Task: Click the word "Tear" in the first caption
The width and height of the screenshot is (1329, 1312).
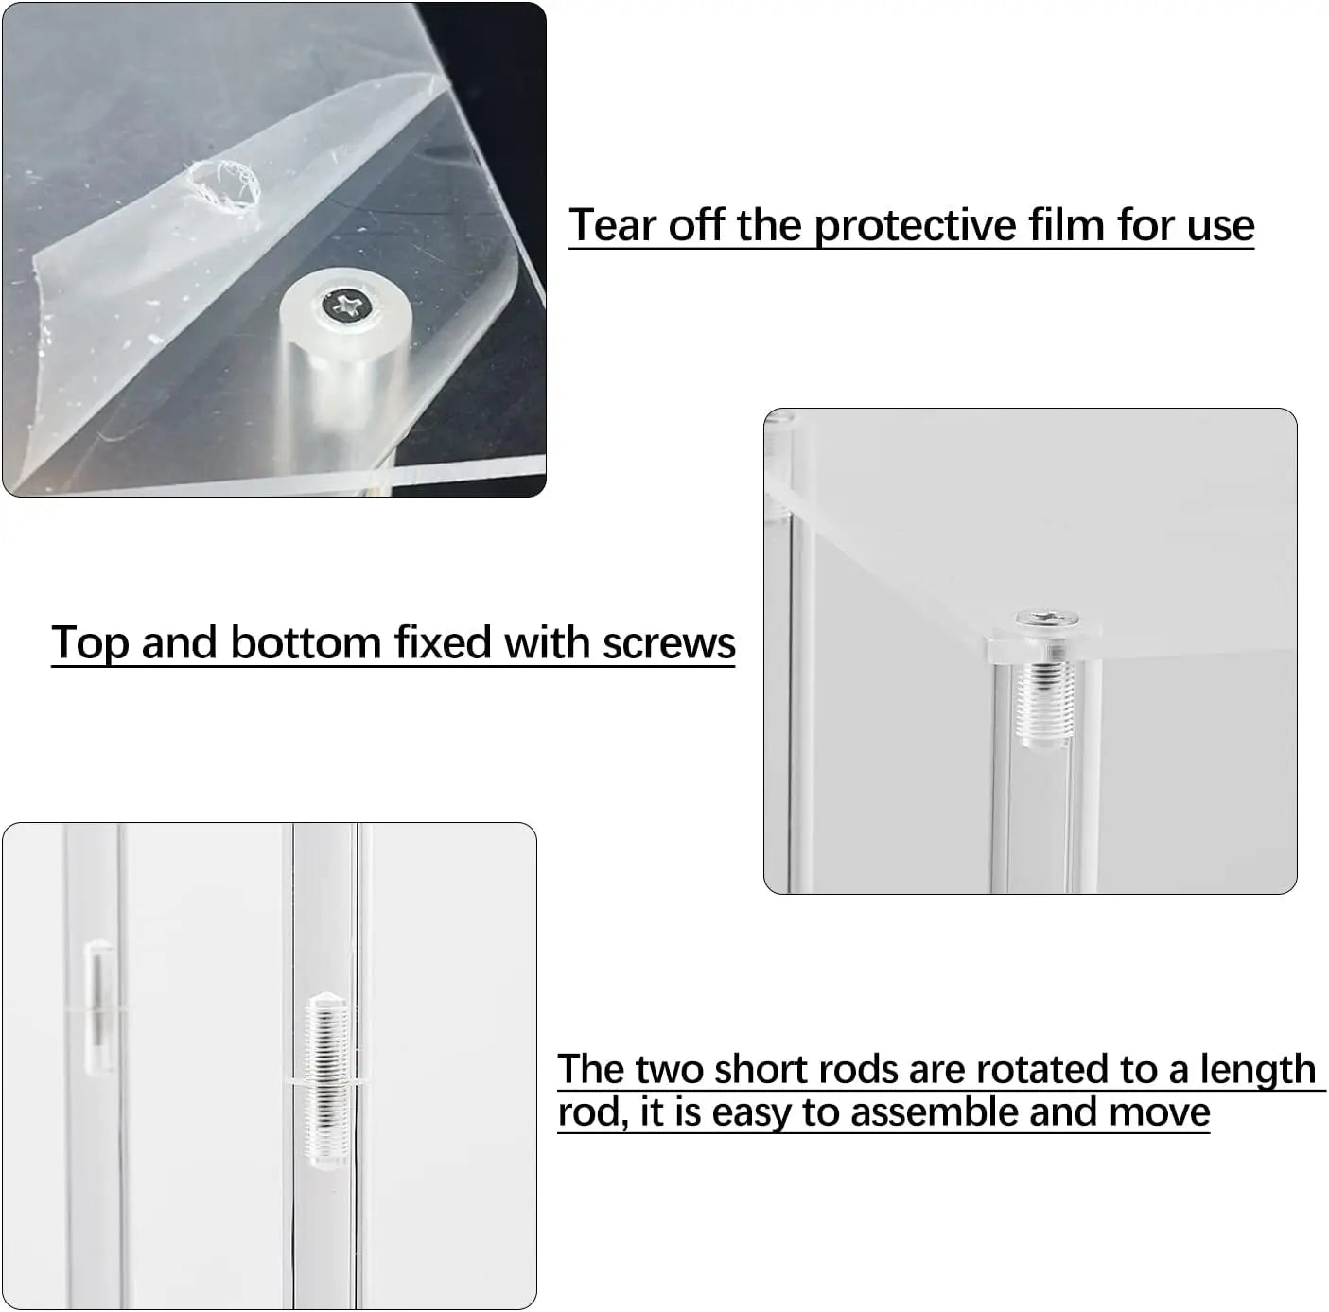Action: point(613,225)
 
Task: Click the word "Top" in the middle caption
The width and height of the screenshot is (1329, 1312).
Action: point(91,643)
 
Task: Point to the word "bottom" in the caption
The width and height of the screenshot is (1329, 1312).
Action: point(306,642)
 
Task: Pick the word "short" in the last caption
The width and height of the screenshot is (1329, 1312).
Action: point(761,1069)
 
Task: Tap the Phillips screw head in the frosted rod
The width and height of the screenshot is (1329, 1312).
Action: point(345,305)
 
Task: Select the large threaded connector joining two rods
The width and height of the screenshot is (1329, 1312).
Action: point(327,1081)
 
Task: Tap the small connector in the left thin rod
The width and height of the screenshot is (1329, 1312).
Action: point(98,1008)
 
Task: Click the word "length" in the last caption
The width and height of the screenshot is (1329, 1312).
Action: point(1257,1071)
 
